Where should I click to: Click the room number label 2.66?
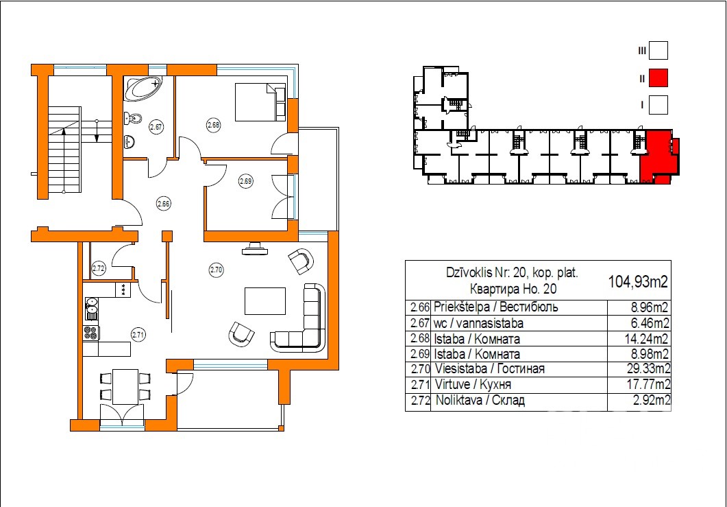pos(163,203)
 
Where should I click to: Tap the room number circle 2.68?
pos(213,124)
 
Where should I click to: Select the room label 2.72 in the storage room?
pos(99,268)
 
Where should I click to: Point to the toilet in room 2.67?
pos(132,119)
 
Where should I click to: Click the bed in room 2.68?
pos(260,102)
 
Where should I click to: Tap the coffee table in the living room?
pos(264,301)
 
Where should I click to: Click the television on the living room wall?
pos(254,250)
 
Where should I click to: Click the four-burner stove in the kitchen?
pos(91,333)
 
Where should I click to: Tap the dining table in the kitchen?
pos(125,387)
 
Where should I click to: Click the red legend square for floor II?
pos(658,78)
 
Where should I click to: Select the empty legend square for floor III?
pos(658,51)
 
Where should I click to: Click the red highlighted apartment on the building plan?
pos(658,158)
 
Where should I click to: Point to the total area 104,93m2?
pos(638,281)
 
